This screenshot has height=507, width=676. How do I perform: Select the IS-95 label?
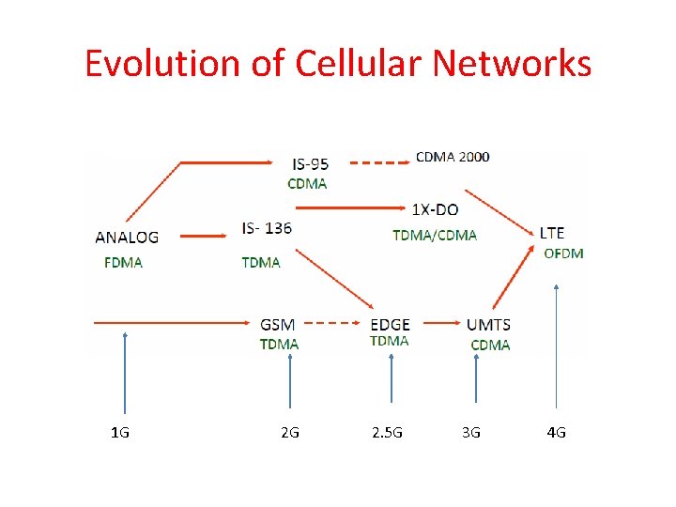311,164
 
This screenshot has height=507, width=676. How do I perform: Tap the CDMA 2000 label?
453,157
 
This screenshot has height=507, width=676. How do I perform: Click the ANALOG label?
127,238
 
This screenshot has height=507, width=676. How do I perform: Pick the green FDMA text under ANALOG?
124,262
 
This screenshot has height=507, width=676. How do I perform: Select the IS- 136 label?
267,228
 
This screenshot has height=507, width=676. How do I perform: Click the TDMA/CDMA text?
435,235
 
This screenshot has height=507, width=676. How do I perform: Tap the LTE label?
552,232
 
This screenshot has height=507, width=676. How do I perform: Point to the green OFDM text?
563,253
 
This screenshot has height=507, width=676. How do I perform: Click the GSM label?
278,325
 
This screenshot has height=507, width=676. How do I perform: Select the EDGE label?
390,325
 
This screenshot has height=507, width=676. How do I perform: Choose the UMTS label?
488,325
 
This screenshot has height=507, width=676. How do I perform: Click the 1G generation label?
120,432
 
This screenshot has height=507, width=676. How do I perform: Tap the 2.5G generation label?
387,432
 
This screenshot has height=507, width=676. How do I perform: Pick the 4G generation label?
556,432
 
